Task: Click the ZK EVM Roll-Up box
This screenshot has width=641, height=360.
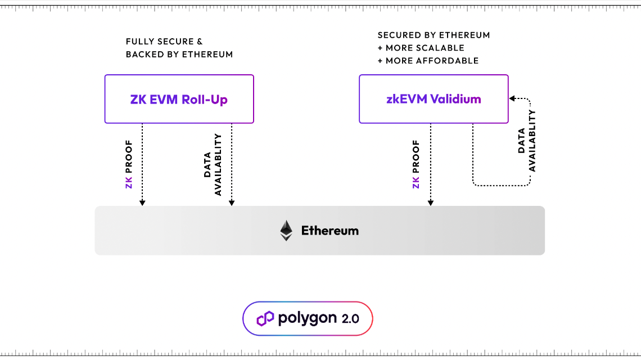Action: [x=179, y=100]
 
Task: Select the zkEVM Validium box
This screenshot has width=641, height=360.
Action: [x=434, y=99]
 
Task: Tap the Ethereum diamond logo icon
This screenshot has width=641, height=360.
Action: [x=287, y=231]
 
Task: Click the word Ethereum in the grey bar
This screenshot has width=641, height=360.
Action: [x=329, y=231]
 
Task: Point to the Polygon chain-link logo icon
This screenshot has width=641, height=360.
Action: [x=265, y=319]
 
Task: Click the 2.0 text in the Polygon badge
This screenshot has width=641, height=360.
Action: [x=350, y=319]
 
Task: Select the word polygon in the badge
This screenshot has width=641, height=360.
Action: [x=306, y=319]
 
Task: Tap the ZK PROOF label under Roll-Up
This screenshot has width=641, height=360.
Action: [x=129, y=164]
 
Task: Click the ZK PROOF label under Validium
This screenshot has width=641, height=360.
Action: [x=417, y=164]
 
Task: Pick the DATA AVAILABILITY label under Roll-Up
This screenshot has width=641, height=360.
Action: [x=213, y=164]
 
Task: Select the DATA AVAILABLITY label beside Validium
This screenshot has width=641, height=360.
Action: [x=527, y=141]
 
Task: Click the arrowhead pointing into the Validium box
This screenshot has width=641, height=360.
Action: [x=512, y=99]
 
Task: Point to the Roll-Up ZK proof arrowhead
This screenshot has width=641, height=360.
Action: [x=142, y=202]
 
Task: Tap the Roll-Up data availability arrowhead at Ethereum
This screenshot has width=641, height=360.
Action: [x=232, y=202]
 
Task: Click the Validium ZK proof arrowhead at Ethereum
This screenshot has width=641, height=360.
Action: [x=431, y=202]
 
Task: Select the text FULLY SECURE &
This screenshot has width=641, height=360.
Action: [x=164, y=42]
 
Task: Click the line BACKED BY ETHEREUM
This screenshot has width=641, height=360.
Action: [x=179, y=55]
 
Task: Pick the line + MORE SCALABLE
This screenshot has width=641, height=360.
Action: [x=421, y=48]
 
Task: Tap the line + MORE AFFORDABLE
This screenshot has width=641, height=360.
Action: [x=428, y=61]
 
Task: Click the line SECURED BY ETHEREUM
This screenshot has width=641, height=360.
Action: [x=434, y=35]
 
